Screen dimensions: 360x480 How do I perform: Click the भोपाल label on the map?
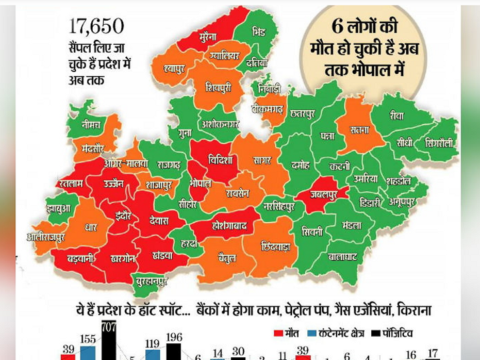[x=199, y=183]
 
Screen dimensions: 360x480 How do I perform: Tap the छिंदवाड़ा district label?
[x=275, y=245]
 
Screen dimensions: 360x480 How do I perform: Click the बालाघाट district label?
[x=343, y=255]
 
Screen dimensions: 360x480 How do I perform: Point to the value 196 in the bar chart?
[x=174, y=337]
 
